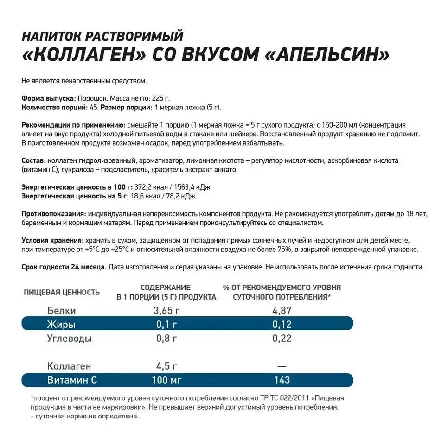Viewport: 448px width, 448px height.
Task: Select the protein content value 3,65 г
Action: coord(166,311)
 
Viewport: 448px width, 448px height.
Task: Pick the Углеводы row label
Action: coord(70,338)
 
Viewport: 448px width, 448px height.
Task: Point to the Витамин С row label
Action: coord(72,380)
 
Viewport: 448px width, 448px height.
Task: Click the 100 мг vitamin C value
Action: coord(166,380)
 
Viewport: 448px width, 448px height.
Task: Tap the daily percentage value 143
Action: coord(282,380)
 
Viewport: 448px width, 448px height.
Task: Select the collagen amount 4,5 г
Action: coord(166,366)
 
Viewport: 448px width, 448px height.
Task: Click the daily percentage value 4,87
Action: coord(282,311)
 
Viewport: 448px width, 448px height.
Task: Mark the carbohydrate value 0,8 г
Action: coord(166,338)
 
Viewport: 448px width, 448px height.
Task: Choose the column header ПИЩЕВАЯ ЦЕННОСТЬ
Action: coord(62,292)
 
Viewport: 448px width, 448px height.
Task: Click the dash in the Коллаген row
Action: coord(282,366)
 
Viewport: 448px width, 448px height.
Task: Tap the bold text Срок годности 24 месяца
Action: coord(64,268)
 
